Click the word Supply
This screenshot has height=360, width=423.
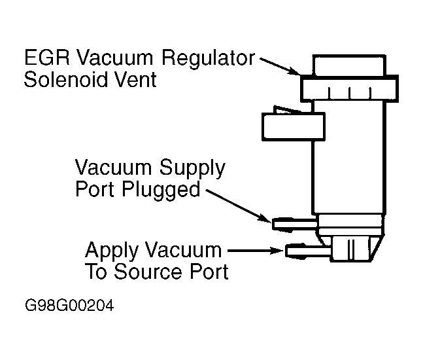coord(193,168)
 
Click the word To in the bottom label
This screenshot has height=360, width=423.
coord(97,272)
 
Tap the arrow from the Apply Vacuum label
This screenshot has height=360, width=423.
coord(252,250)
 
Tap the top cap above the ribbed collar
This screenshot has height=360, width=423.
coord(348,65)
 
